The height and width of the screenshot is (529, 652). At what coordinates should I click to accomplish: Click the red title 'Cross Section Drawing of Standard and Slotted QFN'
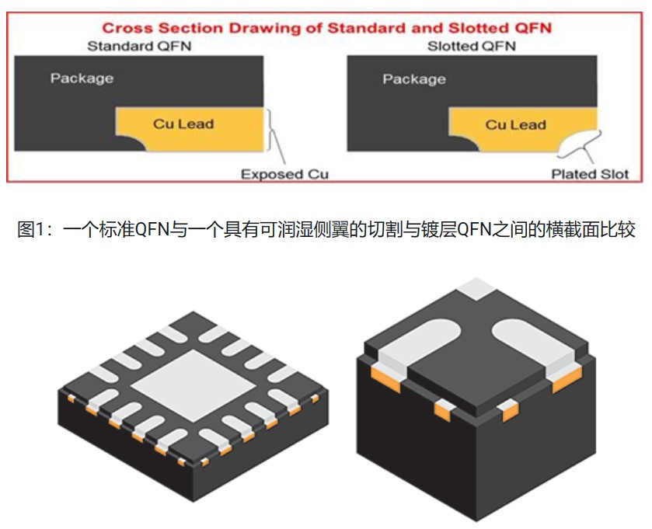326,28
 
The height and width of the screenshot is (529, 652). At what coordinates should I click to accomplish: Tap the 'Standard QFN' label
139,47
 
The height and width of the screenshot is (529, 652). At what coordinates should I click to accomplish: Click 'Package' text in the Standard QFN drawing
82,78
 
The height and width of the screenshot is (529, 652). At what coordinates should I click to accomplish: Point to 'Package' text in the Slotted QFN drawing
414,78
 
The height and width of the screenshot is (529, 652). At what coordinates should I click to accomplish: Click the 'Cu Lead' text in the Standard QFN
183,123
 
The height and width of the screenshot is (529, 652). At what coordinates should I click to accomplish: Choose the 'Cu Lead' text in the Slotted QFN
516,124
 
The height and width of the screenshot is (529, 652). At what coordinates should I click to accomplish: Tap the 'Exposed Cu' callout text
284,174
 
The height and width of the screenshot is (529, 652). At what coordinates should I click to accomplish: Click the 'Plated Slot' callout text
590,174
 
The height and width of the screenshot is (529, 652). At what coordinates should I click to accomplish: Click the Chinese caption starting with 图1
326,230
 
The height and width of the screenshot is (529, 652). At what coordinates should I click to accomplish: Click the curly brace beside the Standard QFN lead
273,132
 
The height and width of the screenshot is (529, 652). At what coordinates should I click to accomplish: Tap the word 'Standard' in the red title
360,28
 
